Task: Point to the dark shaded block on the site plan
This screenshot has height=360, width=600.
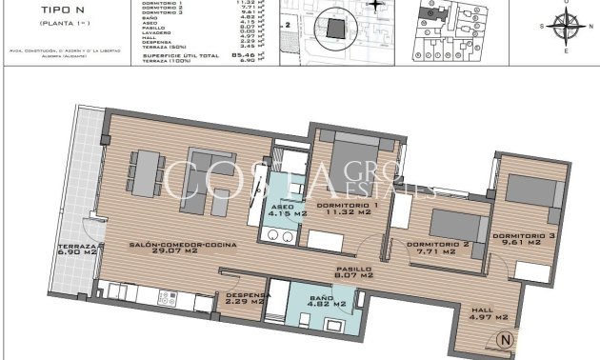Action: tap(332, 29)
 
